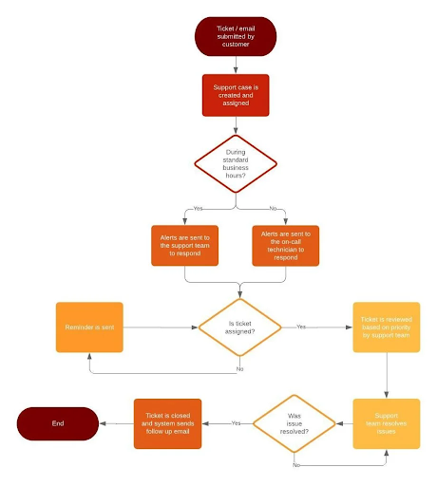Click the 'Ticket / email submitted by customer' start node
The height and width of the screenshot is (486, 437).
point(236,37)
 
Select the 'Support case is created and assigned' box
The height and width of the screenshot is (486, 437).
point(236,95)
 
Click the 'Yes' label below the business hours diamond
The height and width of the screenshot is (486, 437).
point(198,208)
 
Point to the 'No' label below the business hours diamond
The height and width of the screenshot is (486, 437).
point(274,208)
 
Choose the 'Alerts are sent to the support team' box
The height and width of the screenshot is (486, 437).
point(184,244)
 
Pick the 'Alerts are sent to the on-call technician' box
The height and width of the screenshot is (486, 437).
point(286,244)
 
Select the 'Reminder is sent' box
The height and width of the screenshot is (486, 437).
point(89,327)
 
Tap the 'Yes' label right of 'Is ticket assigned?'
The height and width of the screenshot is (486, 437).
point(301,327)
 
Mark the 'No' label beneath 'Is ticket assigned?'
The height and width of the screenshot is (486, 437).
point(238,368)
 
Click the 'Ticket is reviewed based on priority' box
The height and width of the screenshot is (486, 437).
point(386,327)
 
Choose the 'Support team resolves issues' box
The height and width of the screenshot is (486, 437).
point(386,423)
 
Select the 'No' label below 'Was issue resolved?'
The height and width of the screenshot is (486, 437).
point(296,465)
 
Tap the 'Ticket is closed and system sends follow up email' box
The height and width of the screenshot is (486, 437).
point(167,423)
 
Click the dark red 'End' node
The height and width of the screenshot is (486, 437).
point(58,423)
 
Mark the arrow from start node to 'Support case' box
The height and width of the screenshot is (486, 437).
point(236,65)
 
